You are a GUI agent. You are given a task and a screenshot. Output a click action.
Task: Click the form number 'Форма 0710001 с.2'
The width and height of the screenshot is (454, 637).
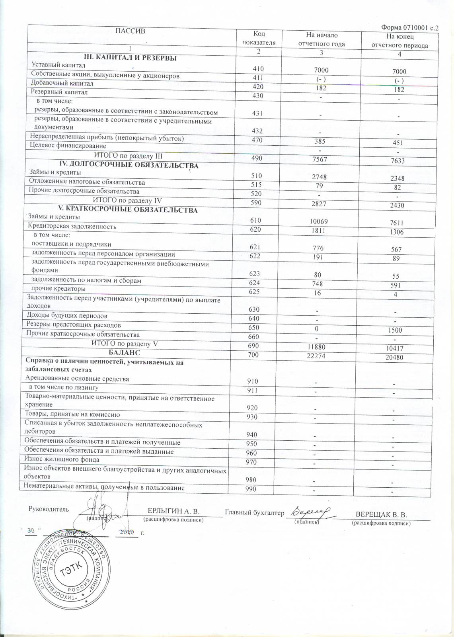[409, 27]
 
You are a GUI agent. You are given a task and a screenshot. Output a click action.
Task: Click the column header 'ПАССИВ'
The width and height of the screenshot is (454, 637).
[130, 31]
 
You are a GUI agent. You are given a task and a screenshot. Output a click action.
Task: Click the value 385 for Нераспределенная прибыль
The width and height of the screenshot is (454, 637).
[320, 141]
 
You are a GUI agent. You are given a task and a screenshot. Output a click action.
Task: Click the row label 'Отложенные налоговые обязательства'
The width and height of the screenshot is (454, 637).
[87, 182]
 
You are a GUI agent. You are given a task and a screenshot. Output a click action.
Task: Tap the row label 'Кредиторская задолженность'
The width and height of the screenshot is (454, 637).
[72, 227]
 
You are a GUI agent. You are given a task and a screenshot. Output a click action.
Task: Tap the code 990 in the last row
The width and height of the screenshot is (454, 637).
[251, 489]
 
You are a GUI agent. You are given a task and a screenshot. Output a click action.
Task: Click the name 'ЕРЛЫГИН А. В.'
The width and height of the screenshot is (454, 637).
[173, 511]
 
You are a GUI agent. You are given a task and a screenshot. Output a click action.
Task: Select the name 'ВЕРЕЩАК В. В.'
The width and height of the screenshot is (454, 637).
[381, 514]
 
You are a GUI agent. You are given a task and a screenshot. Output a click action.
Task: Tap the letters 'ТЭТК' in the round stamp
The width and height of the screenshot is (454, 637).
[70, 573]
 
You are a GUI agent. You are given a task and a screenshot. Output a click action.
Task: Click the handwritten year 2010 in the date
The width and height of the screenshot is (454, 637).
[127, 532]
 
